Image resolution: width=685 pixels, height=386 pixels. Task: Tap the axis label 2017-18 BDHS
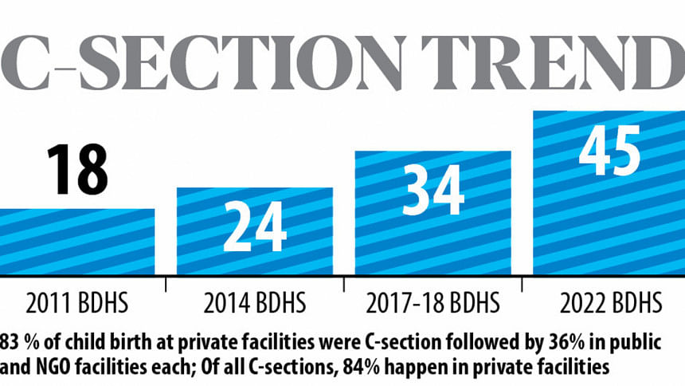tap(433, 304)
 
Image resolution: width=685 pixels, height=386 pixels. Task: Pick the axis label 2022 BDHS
tap(610, 304)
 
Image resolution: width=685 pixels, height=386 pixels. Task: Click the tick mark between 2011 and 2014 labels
tap(166, 285)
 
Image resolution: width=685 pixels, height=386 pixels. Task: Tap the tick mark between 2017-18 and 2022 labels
tap(522, 285)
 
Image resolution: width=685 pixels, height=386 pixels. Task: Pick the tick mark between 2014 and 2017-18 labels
tap(344, 285)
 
